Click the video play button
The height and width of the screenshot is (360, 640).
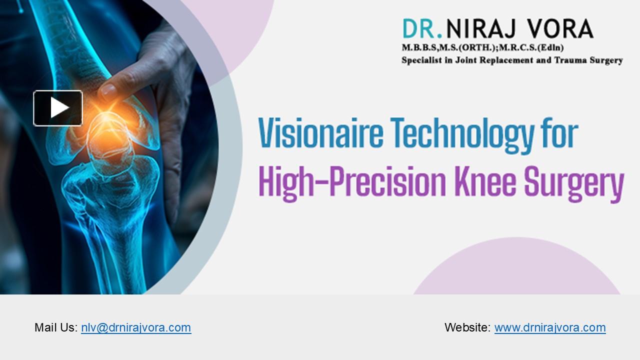(x=58, y=108)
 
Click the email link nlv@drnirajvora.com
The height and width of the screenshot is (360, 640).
(x=136, y=327)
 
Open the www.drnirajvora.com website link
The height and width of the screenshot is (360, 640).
(x=550, y=327)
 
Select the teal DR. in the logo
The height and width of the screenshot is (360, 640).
(x=422, y=29)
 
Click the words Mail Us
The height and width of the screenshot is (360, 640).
(x=55, y=327)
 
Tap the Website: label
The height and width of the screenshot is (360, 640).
(x=467, y=327)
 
